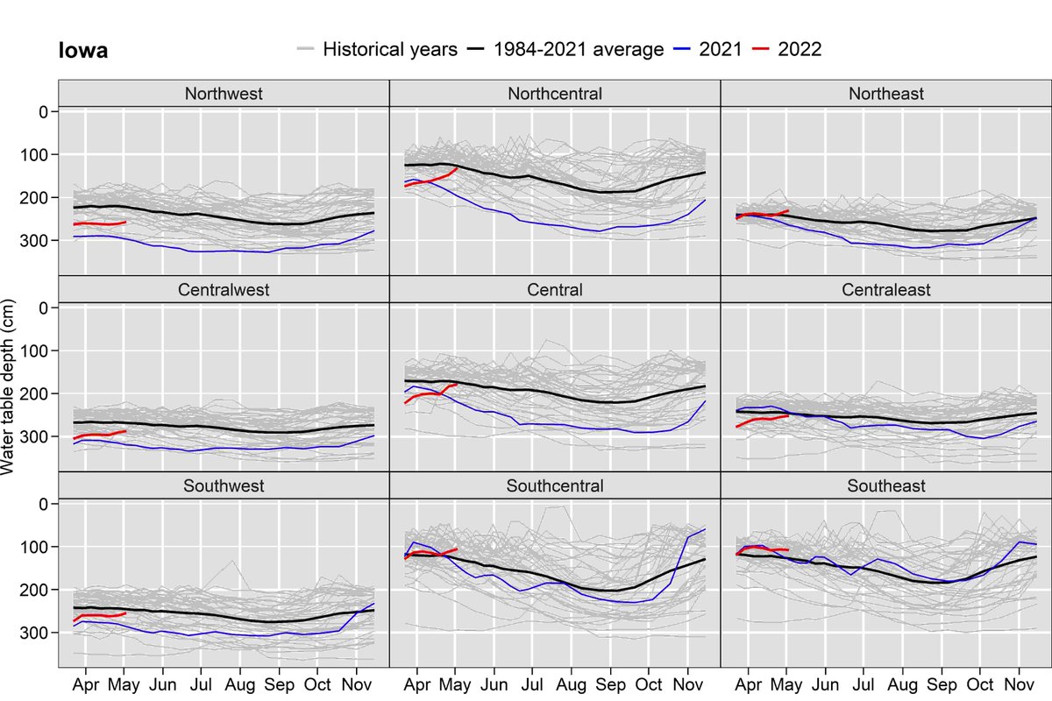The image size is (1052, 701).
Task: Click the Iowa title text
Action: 78,51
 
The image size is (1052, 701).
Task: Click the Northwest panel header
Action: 224,94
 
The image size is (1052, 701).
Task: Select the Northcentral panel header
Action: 555,94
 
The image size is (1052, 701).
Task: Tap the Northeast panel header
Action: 885,94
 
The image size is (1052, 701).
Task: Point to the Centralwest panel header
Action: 224,290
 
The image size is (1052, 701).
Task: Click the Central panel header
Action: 555,290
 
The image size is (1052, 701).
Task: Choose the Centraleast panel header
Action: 885,290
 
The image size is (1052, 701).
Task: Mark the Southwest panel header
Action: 224,485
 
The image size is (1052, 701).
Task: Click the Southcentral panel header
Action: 555,485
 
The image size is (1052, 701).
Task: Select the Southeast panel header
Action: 885,485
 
